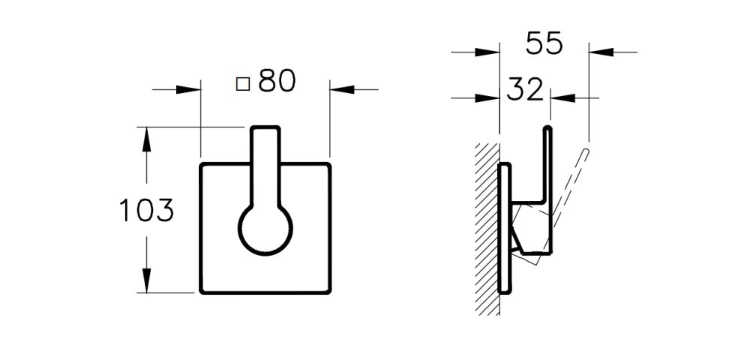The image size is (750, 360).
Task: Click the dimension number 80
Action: coord(277,82)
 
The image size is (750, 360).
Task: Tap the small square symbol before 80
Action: coord(242,83)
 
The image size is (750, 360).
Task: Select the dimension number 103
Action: coord(147,211)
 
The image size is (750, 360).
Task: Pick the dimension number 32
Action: coord(524,90)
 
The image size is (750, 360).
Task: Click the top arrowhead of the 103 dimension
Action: coord(147,136)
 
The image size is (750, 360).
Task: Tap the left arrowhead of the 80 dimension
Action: coord(192,89)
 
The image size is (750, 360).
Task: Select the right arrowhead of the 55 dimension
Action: coord(599,52)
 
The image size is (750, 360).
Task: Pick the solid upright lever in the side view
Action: coord(549,165)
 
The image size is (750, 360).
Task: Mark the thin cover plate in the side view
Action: coord(505,229)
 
